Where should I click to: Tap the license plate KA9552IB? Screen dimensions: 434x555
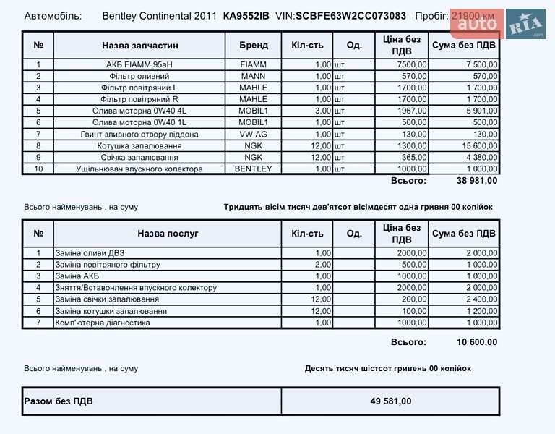pos(246,15)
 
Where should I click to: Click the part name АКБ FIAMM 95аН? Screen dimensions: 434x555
pos(139,64)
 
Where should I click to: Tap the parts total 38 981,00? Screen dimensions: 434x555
pos(477,181)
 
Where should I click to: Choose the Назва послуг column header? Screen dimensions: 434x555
pos(168,234)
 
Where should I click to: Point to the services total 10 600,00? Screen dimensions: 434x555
pos(477,342)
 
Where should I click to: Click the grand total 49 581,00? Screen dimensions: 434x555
pos(390,401)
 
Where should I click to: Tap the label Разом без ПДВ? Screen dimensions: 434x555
pos(59,401)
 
